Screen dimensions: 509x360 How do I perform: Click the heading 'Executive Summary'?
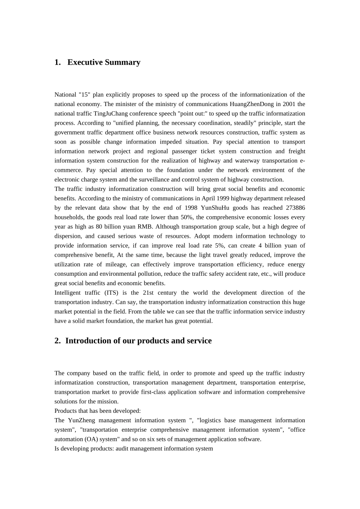click(104, 62)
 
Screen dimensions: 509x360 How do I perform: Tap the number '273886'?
click(296, 208)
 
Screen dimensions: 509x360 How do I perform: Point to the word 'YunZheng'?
click(80, 420)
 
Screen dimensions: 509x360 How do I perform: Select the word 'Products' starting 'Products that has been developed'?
click(65, 411)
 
